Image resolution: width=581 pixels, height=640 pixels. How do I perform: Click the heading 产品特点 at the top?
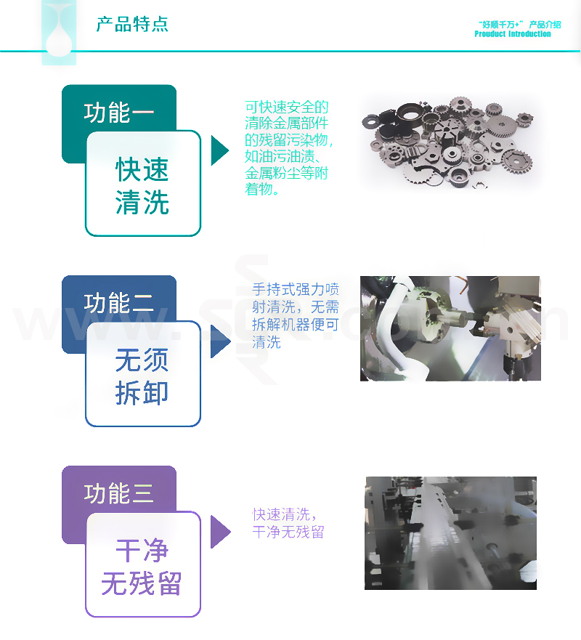point(132,24)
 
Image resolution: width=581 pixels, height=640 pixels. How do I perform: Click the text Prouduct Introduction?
point(513,34)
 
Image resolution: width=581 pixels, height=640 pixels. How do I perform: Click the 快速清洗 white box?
point(142,184)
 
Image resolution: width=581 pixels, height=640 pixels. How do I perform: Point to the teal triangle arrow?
point(219,150)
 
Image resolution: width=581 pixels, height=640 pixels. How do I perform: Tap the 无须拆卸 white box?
point(142,375)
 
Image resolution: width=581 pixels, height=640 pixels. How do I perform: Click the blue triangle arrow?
point(219,341)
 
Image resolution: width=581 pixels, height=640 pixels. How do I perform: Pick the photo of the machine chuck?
point(450,328)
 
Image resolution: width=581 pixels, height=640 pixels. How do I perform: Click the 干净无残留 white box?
point(142,565)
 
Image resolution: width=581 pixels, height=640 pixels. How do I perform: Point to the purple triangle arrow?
point(219,532)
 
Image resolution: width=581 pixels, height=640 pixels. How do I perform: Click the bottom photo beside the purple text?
point(450,532)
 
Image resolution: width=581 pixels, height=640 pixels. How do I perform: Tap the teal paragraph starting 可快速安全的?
point(288,148)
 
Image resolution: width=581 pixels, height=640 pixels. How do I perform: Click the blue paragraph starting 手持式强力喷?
point(295,316)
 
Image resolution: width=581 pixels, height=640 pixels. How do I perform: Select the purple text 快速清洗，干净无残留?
point(288,523)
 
